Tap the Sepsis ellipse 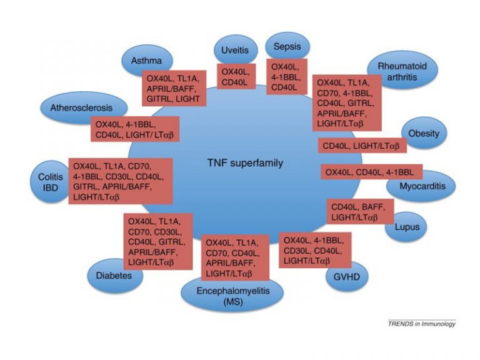(x=286, y=46)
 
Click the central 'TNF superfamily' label (x=245, y=163)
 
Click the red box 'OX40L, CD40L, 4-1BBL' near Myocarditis (x=372, y=172)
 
